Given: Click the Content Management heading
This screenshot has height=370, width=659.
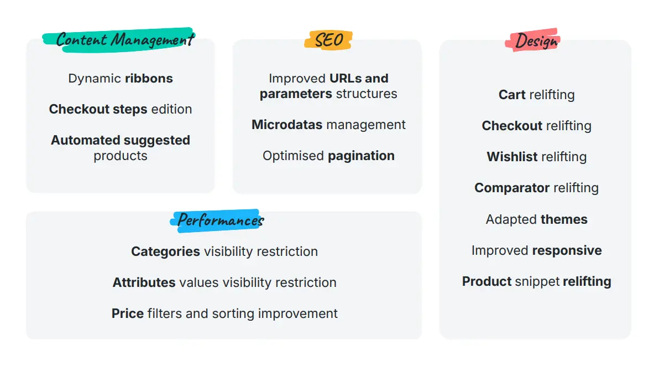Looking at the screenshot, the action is [x=125, y=39].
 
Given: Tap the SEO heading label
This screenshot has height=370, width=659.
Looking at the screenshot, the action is [x=328, y=40].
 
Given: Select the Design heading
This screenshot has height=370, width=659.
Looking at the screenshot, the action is [x=536, y=41].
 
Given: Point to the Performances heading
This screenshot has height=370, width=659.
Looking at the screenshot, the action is [x=220, y=220].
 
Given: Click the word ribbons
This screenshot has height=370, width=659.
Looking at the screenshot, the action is [x=149, y=78].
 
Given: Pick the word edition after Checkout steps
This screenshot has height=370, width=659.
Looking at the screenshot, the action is [x=171, y=109].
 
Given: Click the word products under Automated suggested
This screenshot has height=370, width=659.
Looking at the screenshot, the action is [x=120, y=156].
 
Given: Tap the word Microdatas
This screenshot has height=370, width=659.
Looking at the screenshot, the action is [x=287, y=125].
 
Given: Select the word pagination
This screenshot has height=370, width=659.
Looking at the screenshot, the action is [x=361, y=156].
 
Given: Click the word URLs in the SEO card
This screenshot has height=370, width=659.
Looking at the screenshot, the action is [x=346, y=78].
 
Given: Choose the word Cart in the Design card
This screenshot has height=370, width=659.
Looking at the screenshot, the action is [x=512, y=95].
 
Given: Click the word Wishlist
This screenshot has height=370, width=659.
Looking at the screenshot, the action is [x=512, y=157].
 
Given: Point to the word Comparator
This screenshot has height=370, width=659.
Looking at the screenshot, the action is [x=512, y=188].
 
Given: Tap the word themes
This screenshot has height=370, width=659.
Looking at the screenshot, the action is [x=564, y=219].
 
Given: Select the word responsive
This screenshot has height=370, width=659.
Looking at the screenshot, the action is [x=567, y=251].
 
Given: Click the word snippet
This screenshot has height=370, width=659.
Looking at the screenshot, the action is [x=537, y=281].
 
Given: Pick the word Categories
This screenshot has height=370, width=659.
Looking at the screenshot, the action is [x=166, y=251].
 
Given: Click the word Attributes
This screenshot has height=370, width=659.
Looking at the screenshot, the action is [x=144, y=282].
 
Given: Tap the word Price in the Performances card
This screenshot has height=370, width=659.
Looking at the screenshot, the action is [x=128, y=314].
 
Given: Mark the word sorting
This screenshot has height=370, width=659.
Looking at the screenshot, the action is [x=233, y=314].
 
